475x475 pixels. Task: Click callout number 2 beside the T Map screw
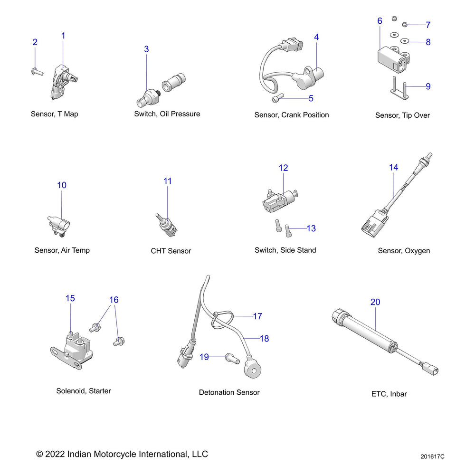[35, 42]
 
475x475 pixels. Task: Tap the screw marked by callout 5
[278, 98]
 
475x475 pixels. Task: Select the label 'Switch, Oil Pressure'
[167, 114]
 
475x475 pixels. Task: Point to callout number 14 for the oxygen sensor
[393, 168]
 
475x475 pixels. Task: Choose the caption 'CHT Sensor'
[171, 251]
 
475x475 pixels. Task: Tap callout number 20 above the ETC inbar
[375, 302]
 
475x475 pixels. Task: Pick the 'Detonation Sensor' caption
[229, 392]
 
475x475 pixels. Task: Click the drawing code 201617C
[432, 457]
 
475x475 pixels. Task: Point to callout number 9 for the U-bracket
[428, 86]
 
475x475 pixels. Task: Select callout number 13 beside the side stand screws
[311, 228]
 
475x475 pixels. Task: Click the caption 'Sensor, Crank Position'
[291, 115]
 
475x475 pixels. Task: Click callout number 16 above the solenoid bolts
[114, 300]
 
